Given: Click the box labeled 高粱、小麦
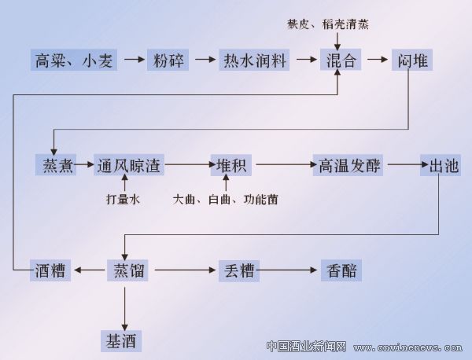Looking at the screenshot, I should [x=75, y=60].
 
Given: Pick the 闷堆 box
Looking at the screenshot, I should [x=411, y=60].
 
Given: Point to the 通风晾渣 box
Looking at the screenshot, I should [x=129, y=165].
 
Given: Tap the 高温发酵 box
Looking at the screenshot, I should [x=346, y=165].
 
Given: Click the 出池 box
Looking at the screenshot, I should [x=440, y=165].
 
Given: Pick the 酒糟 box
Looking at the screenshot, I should [x=52, y=270].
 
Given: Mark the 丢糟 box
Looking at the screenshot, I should [x=237, y=270].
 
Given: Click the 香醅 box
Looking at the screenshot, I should [x=340, y=270].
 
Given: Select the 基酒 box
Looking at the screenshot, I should [x=124, y=340].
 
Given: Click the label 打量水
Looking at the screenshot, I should [x=123, y=200].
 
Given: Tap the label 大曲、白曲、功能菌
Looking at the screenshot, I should [x=225, y=200].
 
